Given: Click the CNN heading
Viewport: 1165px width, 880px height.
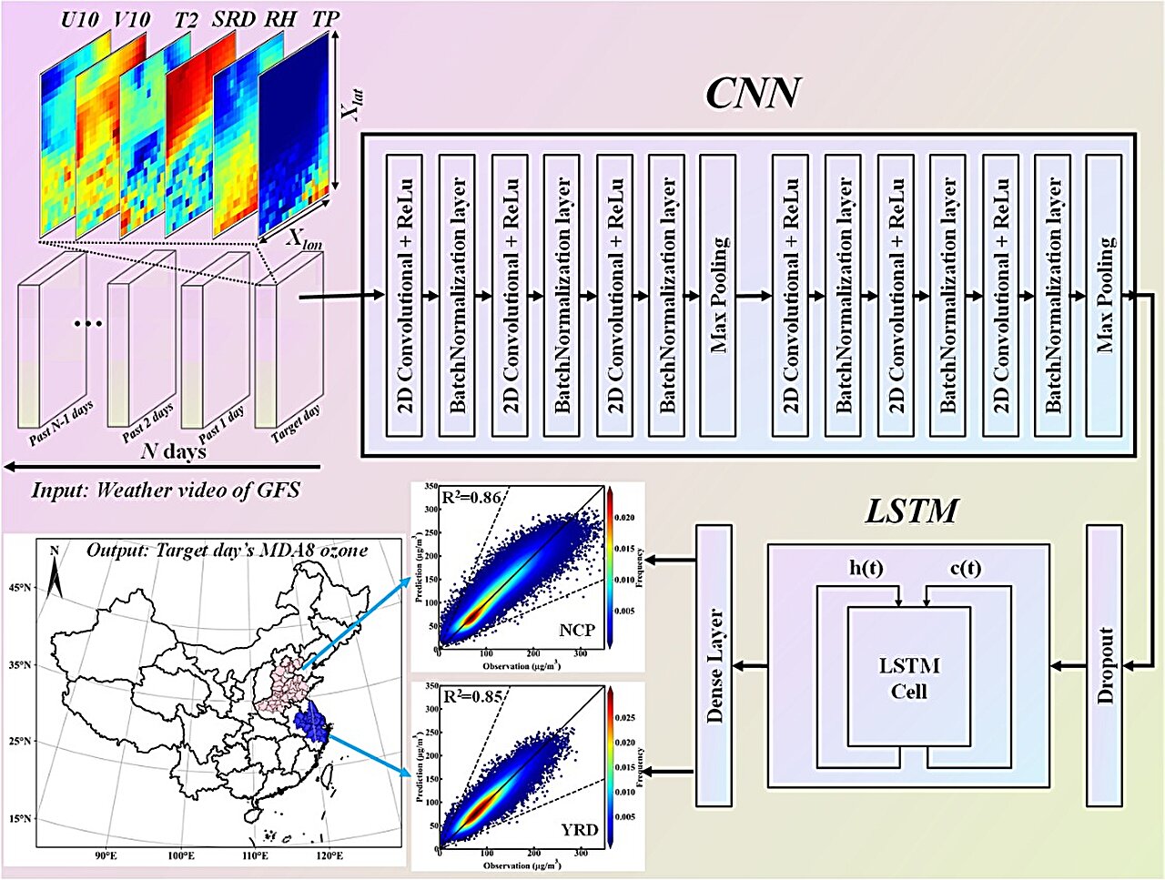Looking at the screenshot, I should pos(753,93).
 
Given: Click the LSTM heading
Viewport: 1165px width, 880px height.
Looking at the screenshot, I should pos(910,511).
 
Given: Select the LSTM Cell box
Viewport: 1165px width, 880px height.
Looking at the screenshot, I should pos(909,678).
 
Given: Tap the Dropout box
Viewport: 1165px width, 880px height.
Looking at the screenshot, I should pos(1105,664).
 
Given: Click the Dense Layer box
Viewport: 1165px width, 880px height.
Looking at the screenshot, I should pos(714,664).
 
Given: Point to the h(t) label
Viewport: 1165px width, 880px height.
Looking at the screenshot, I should pos(866,569).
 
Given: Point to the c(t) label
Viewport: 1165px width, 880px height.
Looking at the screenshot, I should pos(966,569).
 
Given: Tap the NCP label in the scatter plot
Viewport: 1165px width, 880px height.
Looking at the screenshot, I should pos(577,630).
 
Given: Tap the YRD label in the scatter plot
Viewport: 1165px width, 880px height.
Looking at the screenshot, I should pos(579,829).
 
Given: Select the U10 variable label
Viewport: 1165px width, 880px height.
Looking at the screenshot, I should pos(80,18).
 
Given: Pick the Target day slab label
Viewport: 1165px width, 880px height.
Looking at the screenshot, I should pos(297,424).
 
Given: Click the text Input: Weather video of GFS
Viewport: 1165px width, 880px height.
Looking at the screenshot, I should pos(166,491).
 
